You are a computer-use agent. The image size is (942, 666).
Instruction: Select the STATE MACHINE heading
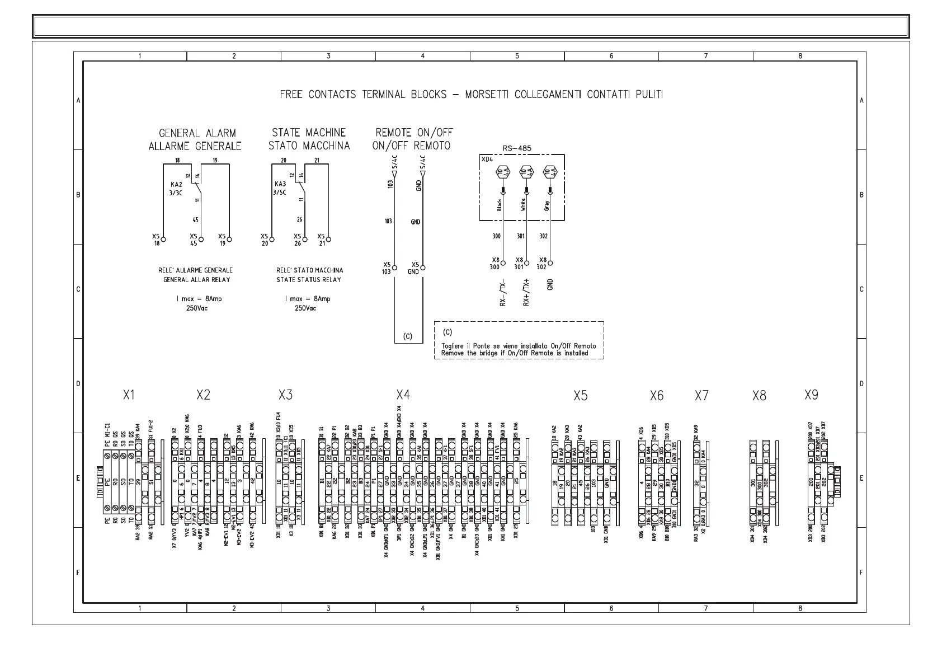(x=309, y=133)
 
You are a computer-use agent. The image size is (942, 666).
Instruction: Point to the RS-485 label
(x=517, y=149)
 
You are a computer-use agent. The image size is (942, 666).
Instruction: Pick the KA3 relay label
(x=280, y=184)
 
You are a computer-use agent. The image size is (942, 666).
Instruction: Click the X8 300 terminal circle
(x=503, y=262)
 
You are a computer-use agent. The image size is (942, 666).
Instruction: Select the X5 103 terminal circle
(x=395, y=268)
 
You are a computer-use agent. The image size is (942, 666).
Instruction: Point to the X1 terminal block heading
(x=129, y=395)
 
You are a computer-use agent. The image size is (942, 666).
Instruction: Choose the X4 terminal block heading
(x=403, y=395)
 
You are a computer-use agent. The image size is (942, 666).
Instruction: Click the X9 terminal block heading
(x=811, y=395)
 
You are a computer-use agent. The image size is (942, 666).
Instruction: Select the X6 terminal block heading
(x=657, y=396)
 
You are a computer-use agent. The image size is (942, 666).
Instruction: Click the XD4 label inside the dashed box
(x=488, y=160)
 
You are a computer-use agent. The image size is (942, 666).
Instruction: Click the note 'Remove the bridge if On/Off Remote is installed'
(x=515, y=353)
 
